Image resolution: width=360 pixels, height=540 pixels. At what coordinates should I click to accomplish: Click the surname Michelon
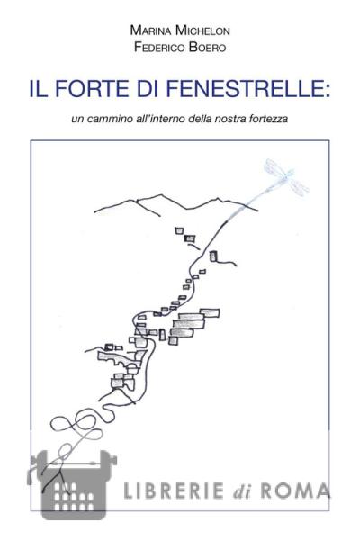coord(202,31)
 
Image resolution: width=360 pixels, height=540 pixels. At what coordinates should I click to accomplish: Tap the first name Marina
coord(151,31)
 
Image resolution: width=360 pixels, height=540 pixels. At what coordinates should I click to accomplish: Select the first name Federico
coord(159,47)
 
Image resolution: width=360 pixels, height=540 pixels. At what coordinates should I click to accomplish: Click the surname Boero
coord(207,47)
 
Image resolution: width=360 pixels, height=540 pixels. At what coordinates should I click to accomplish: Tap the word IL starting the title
coord(39,88)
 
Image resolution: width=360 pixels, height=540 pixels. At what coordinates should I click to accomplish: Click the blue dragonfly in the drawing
coord(286,177)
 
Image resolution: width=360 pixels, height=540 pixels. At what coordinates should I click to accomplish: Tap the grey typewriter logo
coord(72,484)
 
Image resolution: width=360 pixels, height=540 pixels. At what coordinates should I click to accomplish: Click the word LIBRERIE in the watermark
coord(173,490)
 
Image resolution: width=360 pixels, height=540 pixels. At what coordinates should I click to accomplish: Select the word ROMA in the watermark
coord(295,490)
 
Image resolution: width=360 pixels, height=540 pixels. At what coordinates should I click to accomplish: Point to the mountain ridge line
coord(175,204)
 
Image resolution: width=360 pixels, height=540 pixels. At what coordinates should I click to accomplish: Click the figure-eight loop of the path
coord(76,424)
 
